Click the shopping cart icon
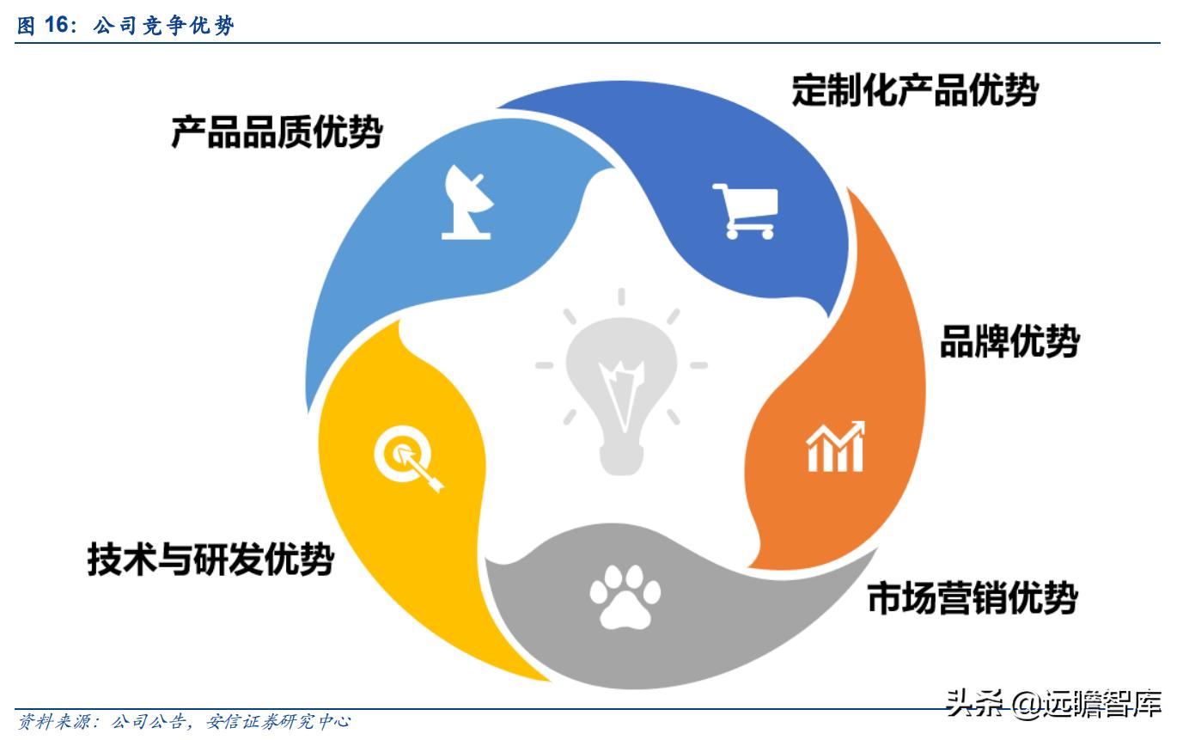[x=745, y=211]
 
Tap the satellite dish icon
[x=467, y=203]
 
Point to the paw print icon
[x=625, y=592]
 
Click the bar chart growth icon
[x=834, y=447]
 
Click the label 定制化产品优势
[x=915, y=89]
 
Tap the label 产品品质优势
[x=276, y=132]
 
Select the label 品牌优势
[x=1009, y=341]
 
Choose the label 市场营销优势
[x=972, y=598]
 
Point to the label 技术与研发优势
[x=210, y=560]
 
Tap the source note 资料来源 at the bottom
[x=184, y=722]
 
